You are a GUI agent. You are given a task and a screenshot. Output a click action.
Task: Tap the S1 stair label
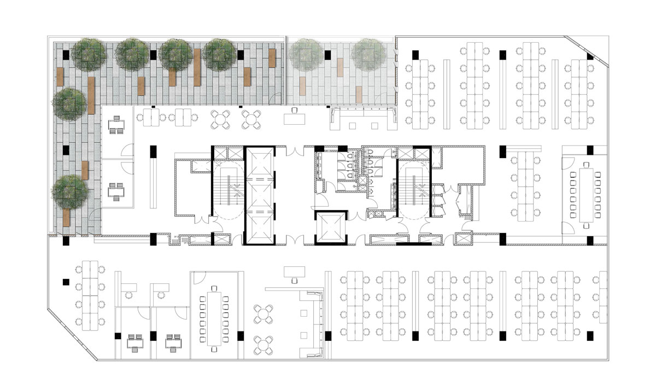[423, 164]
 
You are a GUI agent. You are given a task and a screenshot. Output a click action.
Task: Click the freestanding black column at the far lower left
[66, 282]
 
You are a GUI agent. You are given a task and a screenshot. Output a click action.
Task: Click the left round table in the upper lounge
[221, 118]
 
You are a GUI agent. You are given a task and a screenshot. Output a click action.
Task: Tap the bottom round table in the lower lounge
[264, 344]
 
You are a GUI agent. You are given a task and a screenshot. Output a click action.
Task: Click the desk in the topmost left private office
[116, 125]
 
